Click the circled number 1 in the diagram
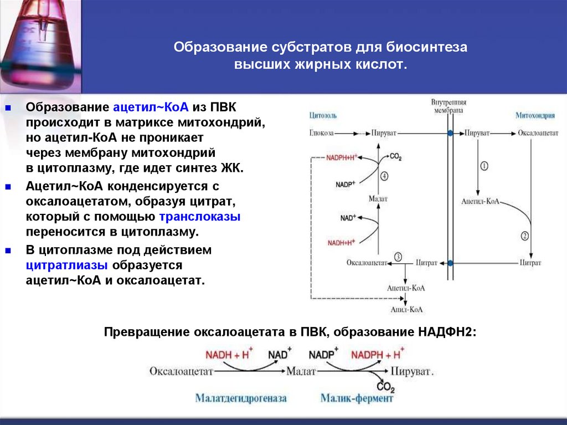(483, 166)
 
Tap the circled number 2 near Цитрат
(524, 235)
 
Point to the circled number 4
(384, 176)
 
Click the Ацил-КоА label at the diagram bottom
(406, 310)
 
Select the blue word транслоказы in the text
(200, 217)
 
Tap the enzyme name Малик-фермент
(357, 398)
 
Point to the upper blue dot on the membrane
(450, 134)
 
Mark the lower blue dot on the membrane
(450, 263)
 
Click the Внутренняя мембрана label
(449, 107)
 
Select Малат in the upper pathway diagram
(378, 198)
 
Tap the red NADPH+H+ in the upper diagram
(342, 157)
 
